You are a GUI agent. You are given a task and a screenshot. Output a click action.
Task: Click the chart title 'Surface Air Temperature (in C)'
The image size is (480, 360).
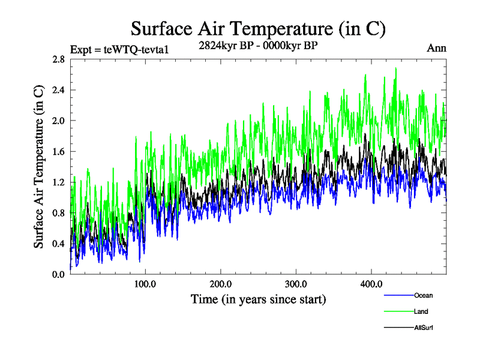(x=257, y=28)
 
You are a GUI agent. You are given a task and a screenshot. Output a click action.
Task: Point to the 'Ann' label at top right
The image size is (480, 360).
(x=436, y=48)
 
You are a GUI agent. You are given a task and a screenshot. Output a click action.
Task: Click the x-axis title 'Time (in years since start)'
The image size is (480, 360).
(x=259, y=298)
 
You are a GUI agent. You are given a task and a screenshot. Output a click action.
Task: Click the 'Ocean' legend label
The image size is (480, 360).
(x=423, y=295)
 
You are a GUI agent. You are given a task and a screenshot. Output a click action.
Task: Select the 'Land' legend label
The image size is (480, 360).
(x=421, y=311)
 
